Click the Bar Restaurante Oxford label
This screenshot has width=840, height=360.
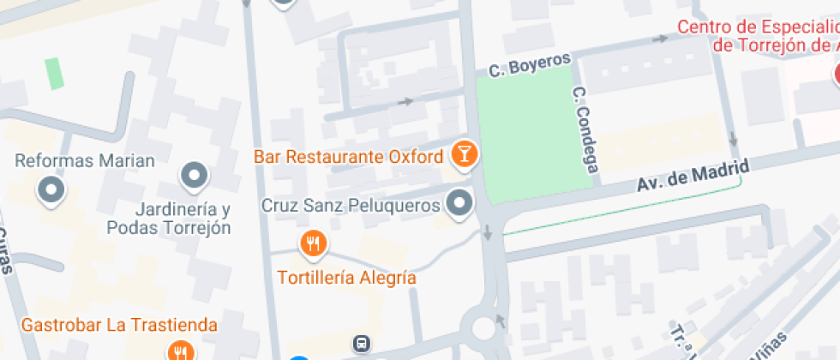348,157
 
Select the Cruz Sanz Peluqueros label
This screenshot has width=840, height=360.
351,206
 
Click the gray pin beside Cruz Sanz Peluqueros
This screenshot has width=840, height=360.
461,204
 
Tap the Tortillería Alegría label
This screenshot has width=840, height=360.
346,278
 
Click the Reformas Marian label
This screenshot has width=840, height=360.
85,160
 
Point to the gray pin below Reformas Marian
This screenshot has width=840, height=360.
52,190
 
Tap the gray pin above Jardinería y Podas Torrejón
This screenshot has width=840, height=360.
195,176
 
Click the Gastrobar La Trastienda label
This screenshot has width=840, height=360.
119,325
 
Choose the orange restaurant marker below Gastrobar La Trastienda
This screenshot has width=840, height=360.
180,351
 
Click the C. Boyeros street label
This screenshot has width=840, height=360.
530,64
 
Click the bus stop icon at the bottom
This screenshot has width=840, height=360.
363,344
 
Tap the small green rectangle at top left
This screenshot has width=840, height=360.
55,74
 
